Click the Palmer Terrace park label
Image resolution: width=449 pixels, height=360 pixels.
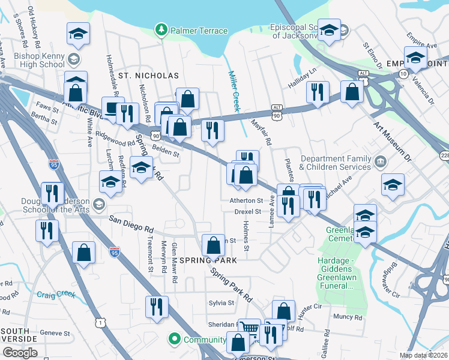pyautogui.click(x=199, y=31)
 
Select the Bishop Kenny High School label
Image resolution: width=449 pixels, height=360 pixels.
pyautogui.click(x=38, y=59)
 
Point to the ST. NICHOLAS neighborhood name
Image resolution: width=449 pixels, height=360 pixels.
pyautogui.click(x=148, y=76)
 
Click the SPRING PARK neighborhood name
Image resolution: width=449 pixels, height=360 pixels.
pyautogui.click(x=208, y=260)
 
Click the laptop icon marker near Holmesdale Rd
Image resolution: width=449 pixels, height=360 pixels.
pyautogui.click(x=112, y=109)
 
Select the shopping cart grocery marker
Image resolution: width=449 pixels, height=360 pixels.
pyautogui.click(x=249, y=329)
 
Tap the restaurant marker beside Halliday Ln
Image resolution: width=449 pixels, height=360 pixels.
pyautogui.click(x=318, y=92)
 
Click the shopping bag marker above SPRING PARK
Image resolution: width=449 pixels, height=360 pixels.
pyautogui.click(x=214, y=245)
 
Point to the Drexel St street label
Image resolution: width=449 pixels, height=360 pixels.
pyautogui.click(x=249, y=212)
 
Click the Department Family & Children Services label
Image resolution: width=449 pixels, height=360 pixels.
pyautogui.click(x=336, y=163)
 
